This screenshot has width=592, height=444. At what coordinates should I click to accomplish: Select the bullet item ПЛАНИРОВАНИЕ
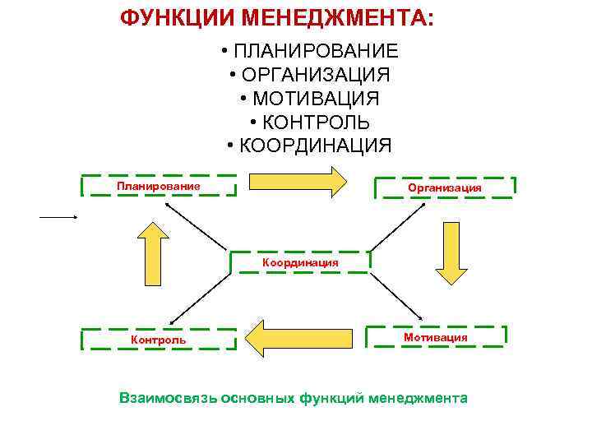pos(316,51)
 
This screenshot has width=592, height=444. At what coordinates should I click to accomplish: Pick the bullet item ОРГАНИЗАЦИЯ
pos(316,75)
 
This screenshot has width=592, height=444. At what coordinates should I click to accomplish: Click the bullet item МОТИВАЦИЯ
pos(316,99)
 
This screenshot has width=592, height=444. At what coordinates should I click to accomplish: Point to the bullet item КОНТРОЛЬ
pos(316,123)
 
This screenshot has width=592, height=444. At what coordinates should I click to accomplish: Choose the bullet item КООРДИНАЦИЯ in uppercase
pos(316,146)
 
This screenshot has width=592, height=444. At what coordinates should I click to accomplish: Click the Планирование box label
pos(159,186)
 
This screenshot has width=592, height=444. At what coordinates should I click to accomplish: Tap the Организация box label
pos(445,187)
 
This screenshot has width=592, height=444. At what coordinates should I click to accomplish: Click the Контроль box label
pos(159,340)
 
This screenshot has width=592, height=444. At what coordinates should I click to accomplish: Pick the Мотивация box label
pos(436,337)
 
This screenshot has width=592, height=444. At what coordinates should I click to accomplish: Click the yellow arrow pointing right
pos(297,181)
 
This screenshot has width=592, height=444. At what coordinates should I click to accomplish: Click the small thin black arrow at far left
pos(58,216)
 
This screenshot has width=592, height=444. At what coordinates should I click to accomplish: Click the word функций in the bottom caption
pos(332,398)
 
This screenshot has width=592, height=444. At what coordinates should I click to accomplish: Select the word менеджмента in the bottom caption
pos(419,398)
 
